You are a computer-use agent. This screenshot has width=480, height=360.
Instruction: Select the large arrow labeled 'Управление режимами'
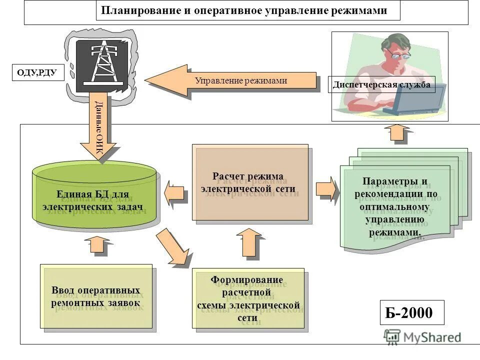(x=230, y=81)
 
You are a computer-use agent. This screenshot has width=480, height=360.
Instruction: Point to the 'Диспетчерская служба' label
(x=381, y=84)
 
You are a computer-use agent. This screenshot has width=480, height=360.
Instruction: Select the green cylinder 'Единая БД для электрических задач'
(x=94, y=196)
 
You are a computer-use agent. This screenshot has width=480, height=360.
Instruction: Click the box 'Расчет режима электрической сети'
(x=250, y=182)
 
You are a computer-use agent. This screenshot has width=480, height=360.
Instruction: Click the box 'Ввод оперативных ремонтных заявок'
(x=96, y=296)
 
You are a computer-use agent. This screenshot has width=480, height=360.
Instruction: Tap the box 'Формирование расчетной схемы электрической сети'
(x=248, y=298)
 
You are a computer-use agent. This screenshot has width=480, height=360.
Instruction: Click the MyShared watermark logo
(x=422, y=337)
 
